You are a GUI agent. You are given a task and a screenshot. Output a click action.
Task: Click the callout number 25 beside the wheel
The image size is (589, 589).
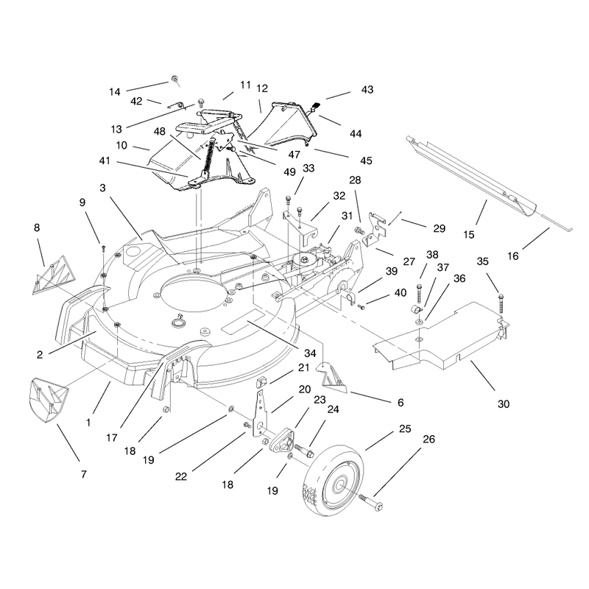tap(405, 428)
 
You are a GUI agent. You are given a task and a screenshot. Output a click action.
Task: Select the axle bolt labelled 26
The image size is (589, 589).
tap(371, 502)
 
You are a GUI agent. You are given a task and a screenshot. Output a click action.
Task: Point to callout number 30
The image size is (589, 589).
tap(504, 403)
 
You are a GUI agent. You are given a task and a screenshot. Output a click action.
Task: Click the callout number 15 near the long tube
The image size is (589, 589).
tap(469, 235)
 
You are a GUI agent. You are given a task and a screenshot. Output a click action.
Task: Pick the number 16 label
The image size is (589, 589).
tap(512, 256)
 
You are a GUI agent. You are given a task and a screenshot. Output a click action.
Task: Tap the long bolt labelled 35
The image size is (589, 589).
tap(501, 303)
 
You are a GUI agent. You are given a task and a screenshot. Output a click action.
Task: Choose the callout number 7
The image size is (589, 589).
tap(83, 474)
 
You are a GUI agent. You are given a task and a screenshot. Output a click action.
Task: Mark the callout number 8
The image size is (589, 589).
tap(36, 228)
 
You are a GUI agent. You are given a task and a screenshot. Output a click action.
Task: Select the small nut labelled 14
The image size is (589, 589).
tap(174, 79)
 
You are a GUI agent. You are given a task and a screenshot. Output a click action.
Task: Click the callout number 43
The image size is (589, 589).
tap(367, 89)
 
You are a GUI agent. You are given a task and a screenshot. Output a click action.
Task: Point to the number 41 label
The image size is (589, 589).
tap(105, 161)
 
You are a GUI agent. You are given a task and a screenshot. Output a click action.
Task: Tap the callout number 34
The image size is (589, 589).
tap(310, 353)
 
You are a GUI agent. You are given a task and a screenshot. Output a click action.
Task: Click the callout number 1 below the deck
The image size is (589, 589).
tap(88, 423)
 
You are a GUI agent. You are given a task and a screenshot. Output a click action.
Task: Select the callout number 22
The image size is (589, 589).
tap(180, 476)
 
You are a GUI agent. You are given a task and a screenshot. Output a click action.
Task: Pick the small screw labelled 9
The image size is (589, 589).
tap(103, 249)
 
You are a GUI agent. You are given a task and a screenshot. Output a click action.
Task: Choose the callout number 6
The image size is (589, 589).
tap(401, 403)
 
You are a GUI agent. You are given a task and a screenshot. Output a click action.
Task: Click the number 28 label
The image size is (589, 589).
tap(355, 180)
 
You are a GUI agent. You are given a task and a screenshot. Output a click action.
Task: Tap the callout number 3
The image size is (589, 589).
tap(102, 188)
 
